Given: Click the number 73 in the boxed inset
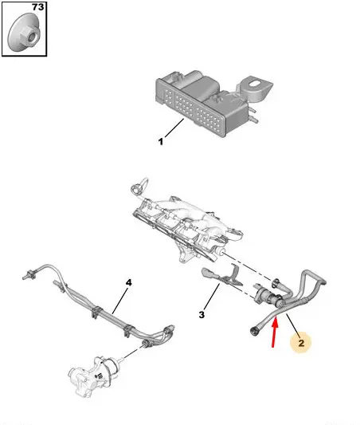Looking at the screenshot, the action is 37,6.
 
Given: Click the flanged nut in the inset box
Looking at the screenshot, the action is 24,33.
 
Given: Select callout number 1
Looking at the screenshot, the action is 161,141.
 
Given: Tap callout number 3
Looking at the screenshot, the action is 202,315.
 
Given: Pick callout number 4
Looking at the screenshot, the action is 129,282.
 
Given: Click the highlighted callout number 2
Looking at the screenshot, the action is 301,343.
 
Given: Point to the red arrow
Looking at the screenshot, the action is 275,333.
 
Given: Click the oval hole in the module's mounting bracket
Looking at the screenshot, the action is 254,84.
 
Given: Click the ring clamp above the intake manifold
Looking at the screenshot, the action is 139,187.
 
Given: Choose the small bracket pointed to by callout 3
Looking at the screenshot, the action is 222,276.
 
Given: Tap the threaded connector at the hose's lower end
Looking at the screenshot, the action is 254,331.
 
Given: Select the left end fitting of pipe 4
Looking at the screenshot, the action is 29,274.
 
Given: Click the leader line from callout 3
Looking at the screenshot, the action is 212,297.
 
